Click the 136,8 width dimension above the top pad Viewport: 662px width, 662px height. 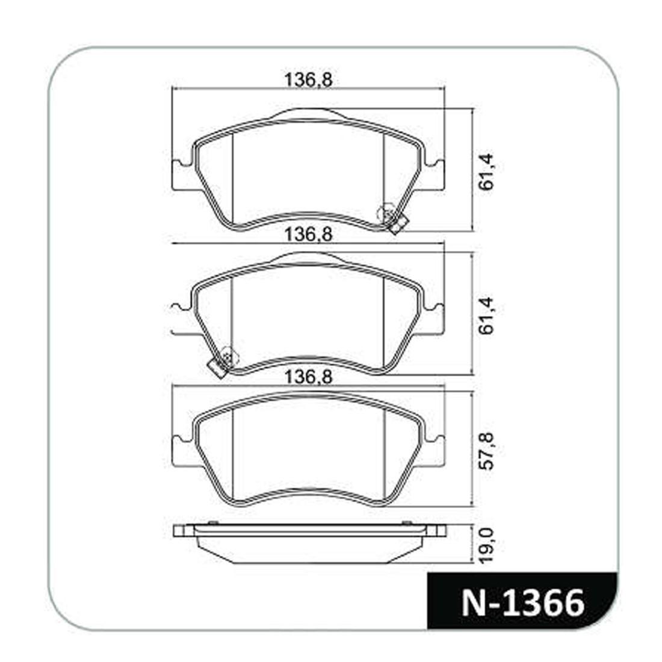click(x=308, y=79)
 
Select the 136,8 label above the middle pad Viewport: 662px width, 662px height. click(x=308, y=234)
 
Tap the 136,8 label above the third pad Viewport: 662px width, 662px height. click(x=308, y=377)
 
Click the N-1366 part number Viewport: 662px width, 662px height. click(x=522, y=602)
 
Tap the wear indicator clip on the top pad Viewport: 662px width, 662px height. click(x=395, y=223)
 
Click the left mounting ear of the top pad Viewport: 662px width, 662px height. click(x=182, y=176)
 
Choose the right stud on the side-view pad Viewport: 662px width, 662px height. click(x=407, y=522)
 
